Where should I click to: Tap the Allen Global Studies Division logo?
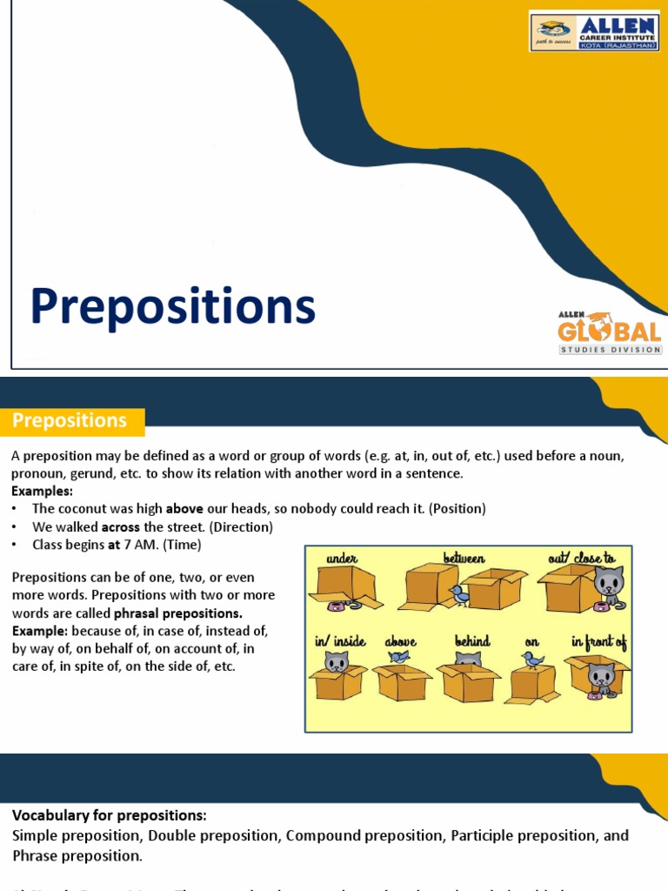(609, 332)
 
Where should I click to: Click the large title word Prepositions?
(172, 307)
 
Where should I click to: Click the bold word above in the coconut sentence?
(184, 508)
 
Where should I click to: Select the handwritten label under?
(342, 557)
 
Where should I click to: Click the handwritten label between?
(464, 557)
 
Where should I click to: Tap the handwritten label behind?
(472, 641)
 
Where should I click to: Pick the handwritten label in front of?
(598, 641)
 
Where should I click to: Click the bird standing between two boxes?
(459, 594)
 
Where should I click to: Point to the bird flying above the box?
(398, 656)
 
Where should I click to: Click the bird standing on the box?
(532, 660)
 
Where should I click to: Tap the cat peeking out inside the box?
(336, 662)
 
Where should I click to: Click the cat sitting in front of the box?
(600, 677)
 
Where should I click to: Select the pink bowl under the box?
(336, 606)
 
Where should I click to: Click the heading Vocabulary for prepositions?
(110, 815)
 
